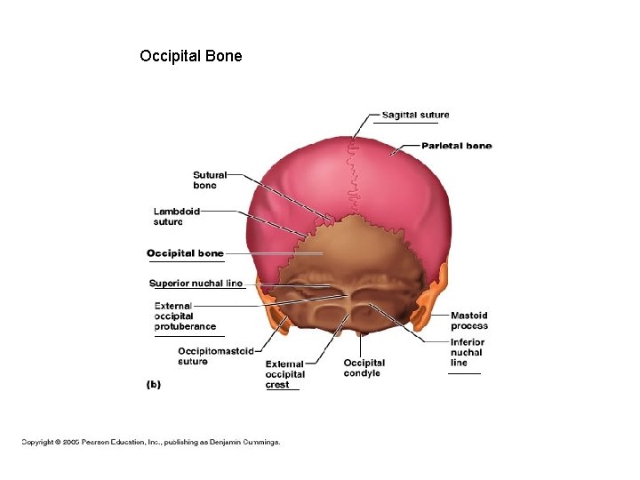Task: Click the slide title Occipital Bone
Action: pyautogui.click(x=190, y=57)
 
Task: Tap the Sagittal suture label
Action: pyautogui.click(x=415, y=115)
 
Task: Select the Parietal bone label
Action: pyautogui.click(x=456, y=146)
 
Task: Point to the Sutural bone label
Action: pyautogui.click(x=209, y=180)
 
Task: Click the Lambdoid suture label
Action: pyautogui.click(x=176, y=217)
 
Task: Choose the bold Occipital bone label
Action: pyautogui.click(x=185, y=253)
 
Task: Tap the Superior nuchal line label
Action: pyautogui.click(x=196, y=284)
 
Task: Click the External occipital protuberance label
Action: pyautogui.click(x=184, y=316)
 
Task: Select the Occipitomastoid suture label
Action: pyautogui.click(x=215, y=356)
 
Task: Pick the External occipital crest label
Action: pyautogui.click(x=284, y=374)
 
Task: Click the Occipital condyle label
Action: pyautogui.click(x=364, y=368)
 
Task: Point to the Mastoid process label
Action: pyautogui.click(x=468, y=321)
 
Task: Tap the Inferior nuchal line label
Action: pyautogui.click(x=467, y=352)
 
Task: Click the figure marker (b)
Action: pyautogui.click(x=153, y=384)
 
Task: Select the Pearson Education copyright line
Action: pyautogui.click(x=151, y=441)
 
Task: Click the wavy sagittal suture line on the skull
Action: pyautogui.click(x=354, y=178)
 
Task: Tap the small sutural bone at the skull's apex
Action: pyautogui.click(x=330, y=217)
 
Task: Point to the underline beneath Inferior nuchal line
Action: pyautogui.click(x=464, y=373)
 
